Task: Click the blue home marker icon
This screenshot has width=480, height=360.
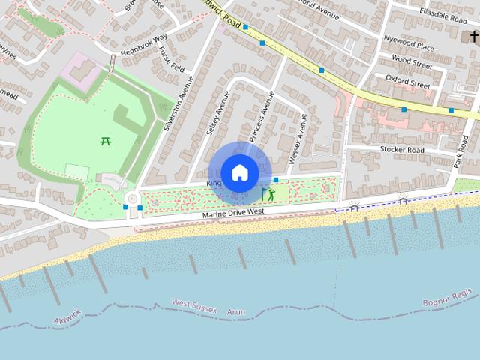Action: (x=239, y=172)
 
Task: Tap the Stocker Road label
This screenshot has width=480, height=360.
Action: (x=402, y=150)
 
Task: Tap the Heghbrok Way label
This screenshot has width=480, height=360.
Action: (x=144, y=44)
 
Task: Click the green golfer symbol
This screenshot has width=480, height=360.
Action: (x=270, y=195)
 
